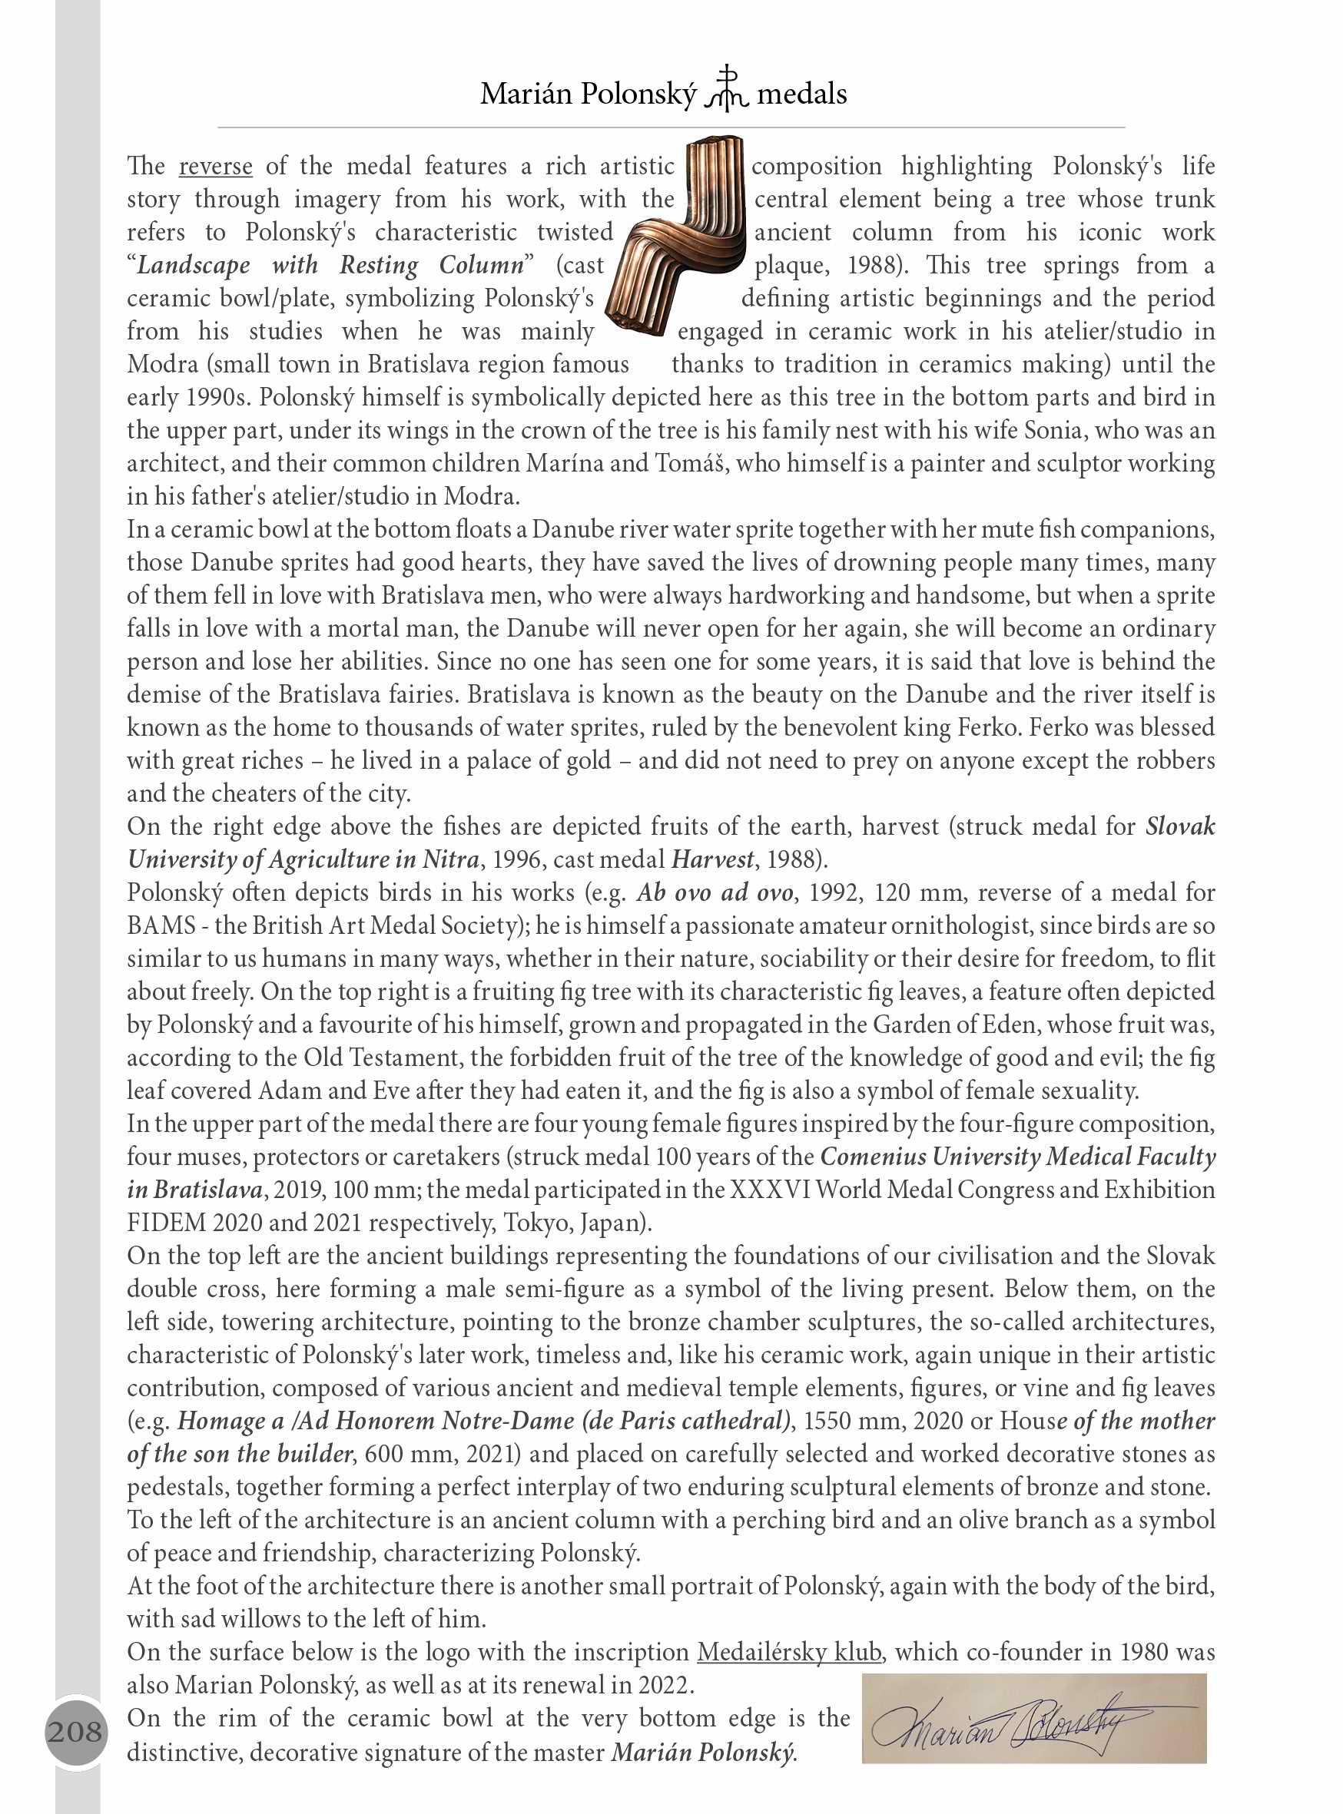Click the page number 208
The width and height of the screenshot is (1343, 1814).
[x=75, y=1731]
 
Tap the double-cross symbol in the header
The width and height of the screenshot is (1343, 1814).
[x=726, y=89]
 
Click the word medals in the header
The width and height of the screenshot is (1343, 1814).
[x=801, y=94]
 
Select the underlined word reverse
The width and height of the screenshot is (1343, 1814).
[x=215, y=167]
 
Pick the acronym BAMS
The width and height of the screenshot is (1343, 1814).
[x=162, y=925]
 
